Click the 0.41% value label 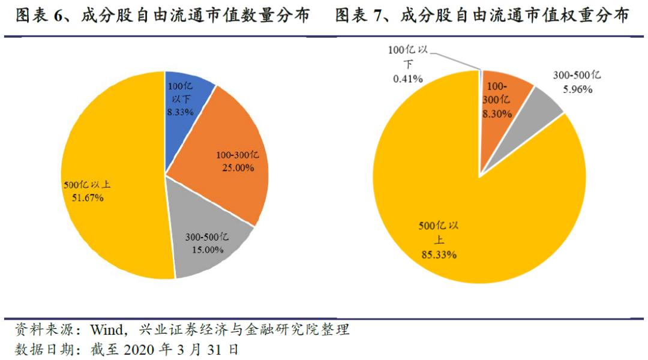409,78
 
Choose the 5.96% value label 577,89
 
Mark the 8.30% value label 497,113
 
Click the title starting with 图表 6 163,16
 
